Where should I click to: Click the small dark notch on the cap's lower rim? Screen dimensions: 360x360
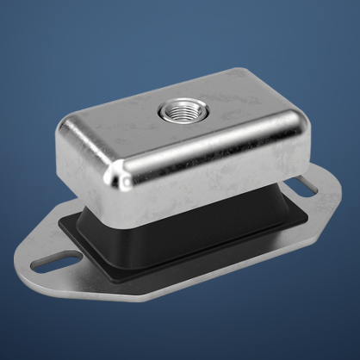click(127, 183)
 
